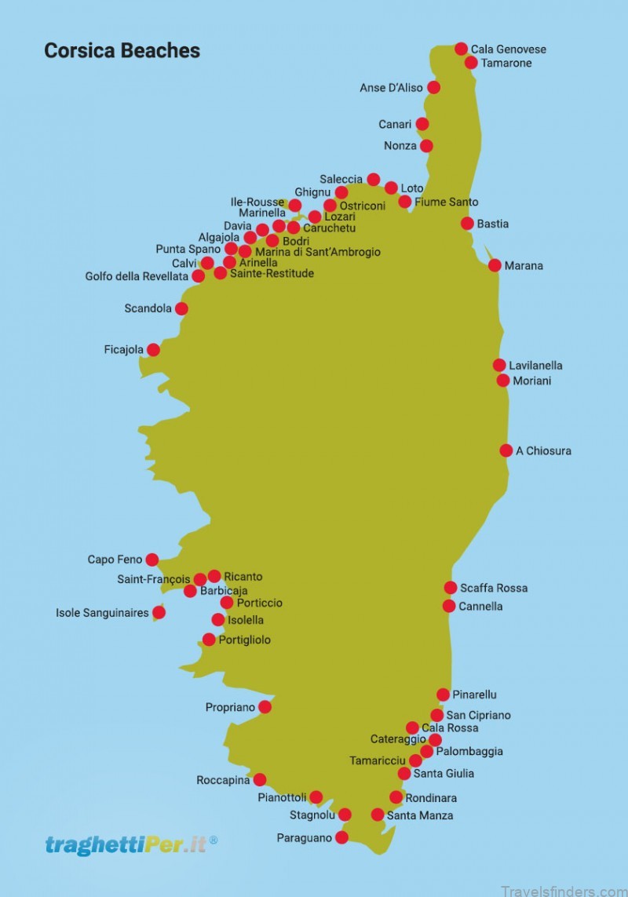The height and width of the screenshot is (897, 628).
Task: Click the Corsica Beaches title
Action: (x=122, y=51)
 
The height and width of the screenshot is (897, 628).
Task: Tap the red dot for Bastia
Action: (x=467, y=224)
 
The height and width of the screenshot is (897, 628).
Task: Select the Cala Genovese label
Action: (x=508, y=49)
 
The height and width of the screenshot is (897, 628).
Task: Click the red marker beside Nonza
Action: (x=426, y=146)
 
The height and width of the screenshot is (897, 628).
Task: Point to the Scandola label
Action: (x=148, y=308)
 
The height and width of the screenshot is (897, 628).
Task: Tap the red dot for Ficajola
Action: (x=153, y=350)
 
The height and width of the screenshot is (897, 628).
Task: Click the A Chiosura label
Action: (x=543, y=451)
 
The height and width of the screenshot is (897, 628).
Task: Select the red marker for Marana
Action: (x=495, y=265)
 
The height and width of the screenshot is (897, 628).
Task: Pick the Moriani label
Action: (x=531, y=381)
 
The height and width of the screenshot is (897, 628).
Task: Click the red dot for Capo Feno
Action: (x=152, y=560)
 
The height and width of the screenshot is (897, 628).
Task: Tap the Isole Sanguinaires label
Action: (x=102, y=613)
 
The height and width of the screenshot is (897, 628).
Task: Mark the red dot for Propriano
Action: (x=265, y=707)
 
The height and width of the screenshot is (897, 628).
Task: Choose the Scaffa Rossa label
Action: (x=494, y=588)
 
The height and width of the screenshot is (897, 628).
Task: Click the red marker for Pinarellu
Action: (x=443, y=695)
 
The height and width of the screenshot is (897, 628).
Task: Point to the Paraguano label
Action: (x=305, y=838)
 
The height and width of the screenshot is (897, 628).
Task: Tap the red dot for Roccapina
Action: (x=260, y=780)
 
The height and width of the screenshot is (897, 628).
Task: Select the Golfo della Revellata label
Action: (x=137, y=276)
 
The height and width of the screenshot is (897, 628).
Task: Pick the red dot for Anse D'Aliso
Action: (x=433, y=87)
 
